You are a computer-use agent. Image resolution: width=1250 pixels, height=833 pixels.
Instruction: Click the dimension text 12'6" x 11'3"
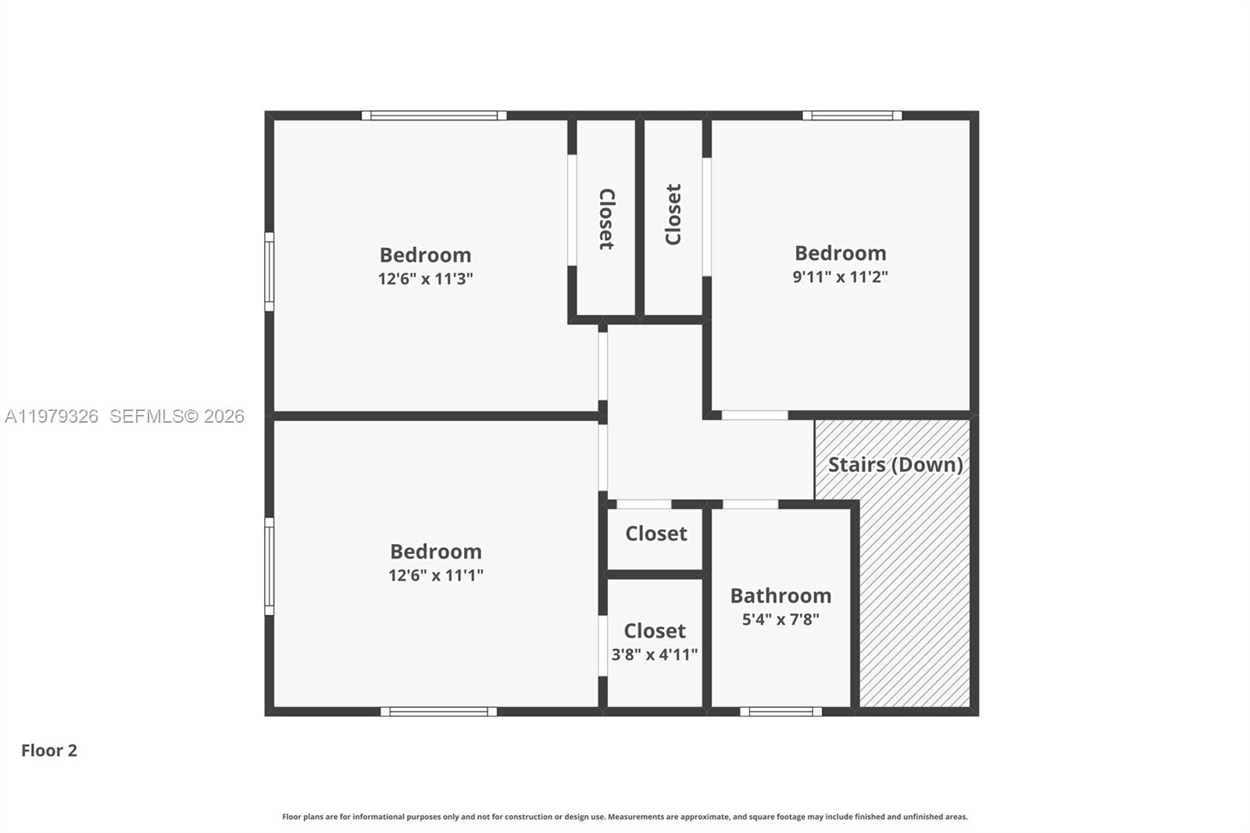coord(425,279)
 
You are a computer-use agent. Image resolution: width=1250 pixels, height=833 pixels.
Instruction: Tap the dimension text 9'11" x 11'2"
coord(840,277)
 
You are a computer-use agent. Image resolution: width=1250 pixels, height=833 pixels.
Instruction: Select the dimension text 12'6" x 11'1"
coord(435,576)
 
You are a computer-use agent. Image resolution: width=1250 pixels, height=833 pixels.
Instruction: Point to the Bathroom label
coord(780,595)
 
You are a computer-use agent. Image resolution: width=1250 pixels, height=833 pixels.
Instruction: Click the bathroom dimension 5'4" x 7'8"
coord(780,620)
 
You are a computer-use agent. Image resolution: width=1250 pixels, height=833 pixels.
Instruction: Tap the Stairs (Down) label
coord(895,464)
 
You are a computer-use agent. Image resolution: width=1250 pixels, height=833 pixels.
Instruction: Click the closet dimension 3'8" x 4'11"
coord(654,655)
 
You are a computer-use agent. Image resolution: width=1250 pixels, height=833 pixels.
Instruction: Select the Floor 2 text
coord(48,750)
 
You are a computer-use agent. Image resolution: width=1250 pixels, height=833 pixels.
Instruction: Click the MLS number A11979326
coord(52,417)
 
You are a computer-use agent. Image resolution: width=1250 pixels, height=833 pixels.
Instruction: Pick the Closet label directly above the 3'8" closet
coord(655,534)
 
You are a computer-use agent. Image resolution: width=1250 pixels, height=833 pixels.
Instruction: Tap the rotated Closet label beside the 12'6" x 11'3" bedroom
coord(606,219)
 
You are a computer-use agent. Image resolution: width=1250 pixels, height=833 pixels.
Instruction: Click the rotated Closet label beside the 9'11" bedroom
coord(673,215)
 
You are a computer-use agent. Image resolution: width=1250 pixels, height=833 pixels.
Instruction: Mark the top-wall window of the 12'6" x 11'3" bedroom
coord(434,116)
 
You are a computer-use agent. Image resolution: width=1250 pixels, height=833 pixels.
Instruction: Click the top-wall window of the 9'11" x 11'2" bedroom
coord(852,116)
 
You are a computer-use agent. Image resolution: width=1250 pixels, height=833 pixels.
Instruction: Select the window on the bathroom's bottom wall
coord(780,711)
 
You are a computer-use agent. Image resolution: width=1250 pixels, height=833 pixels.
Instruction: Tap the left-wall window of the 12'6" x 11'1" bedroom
coord(270,566)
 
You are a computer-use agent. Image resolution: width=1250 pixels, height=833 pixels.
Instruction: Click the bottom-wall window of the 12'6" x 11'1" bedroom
coord(438,711)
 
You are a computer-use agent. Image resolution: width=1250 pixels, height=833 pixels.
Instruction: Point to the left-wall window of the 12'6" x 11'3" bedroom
coord(270,271)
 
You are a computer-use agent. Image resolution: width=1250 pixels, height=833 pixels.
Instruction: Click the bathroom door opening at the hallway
coord(750,504)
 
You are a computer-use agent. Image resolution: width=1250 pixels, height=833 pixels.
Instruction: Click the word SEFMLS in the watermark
coord(146,417)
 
